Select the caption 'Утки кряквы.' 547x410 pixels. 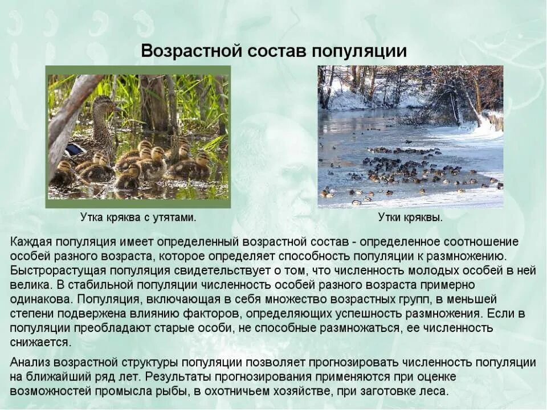[410, 217]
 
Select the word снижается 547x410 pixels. [40, 342]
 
